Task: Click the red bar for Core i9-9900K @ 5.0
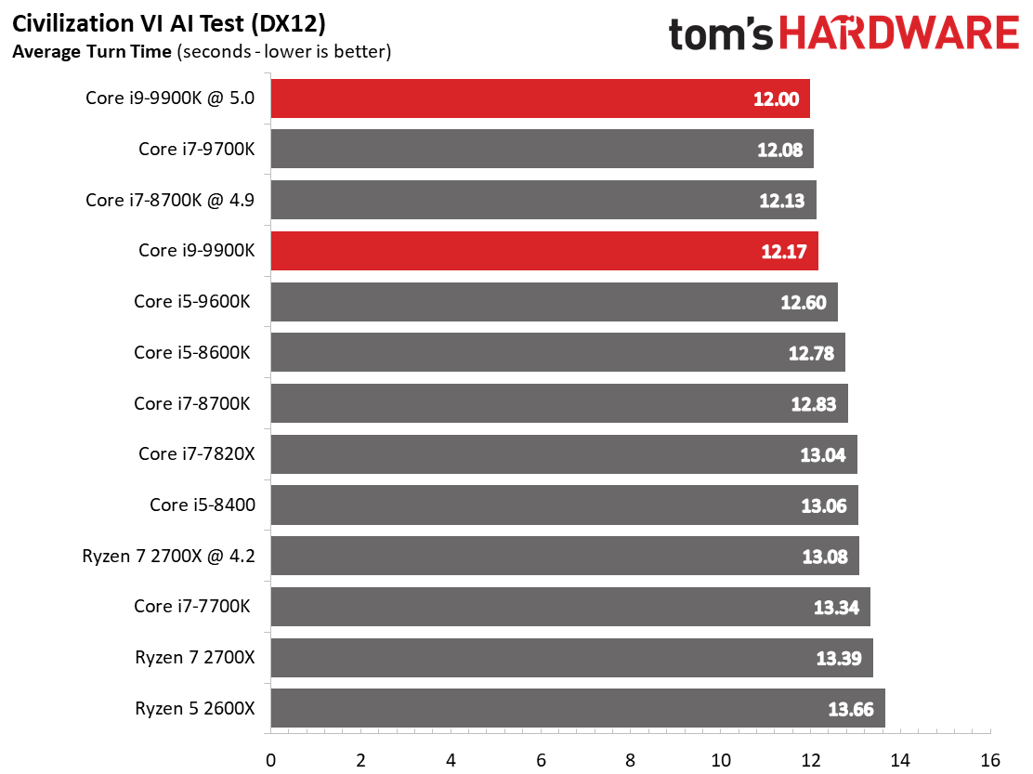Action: pyautogui.click(x=539, y=98)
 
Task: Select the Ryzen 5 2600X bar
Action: pyautogui.click(x=576, y=708)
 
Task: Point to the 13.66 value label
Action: pyautogui.click(x=850, y=709)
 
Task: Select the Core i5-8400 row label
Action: pyautogui.click(x=202, y=505)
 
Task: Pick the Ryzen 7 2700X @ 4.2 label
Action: pyautogui.click(x=168, y=557)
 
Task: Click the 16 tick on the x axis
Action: pyautogui.click(x=991, y=759)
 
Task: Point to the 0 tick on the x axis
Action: pyautogui.click(x=270, y=759)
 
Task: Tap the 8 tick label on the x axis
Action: pyautogui.click(x=631, y=759)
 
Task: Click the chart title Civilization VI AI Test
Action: pyautogui.click(x=169, y=21)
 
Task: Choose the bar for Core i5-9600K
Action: pyautogui.click(x=554, y=302)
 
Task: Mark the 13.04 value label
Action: pyautogui.click(x=822, y=455)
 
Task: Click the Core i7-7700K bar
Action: pyautogui.click(x=569, y=607)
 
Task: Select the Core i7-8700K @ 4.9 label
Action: pyautogui.click(x=169, y=200)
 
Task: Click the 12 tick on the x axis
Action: pyautogui.click(x=811, y=759)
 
